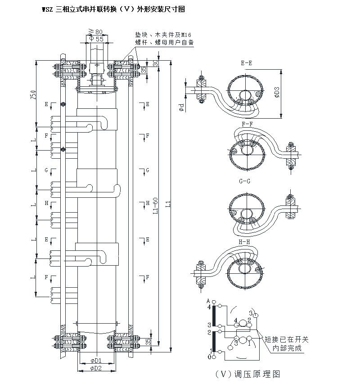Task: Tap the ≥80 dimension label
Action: point(96,31)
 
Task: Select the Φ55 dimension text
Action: point(96,40)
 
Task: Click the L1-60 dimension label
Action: point(155,207)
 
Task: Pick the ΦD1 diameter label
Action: point(95,361)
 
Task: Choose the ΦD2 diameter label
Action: point(95,369)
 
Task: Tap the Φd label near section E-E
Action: point(180,107)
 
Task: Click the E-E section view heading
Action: point(246,63)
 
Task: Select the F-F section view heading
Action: point(247,123)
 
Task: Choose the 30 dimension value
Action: point(155,63)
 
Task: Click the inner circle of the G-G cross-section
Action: point(245,213)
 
